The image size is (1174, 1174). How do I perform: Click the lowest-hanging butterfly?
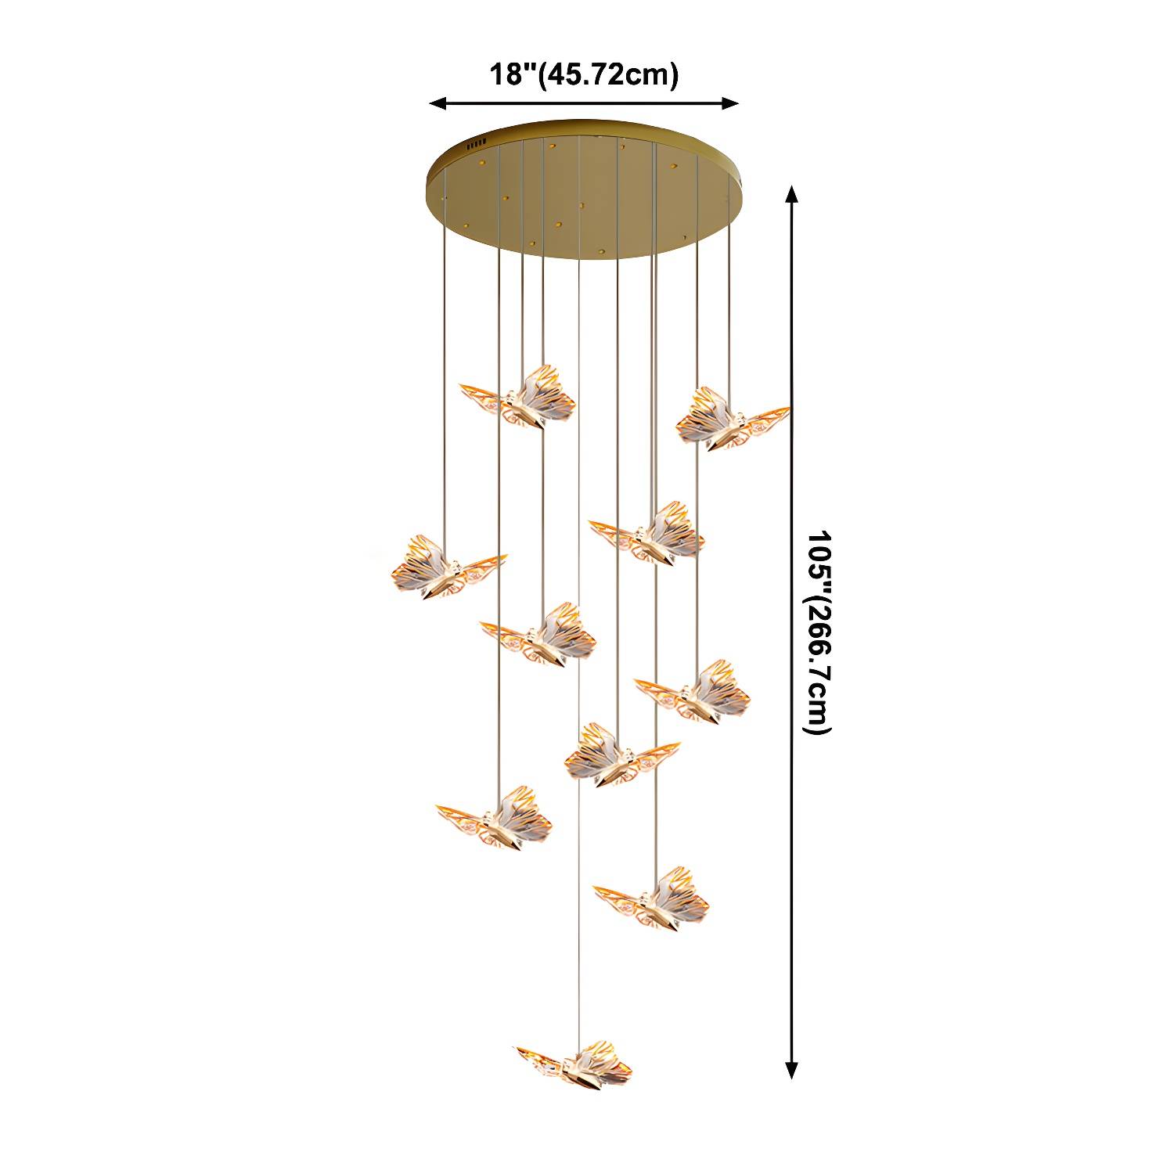(575, 1066)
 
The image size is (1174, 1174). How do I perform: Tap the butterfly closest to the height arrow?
(732, 419)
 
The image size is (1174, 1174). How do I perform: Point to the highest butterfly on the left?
(518, 398)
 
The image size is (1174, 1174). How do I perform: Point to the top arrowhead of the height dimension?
(792, 194)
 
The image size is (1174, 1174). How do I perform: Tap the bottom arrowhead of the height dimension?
(792, 1071)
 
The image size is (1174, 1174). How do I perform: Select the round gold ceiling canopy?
(582, 187)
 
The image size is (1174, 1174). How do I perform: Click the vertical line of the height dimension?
(792, 632)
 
